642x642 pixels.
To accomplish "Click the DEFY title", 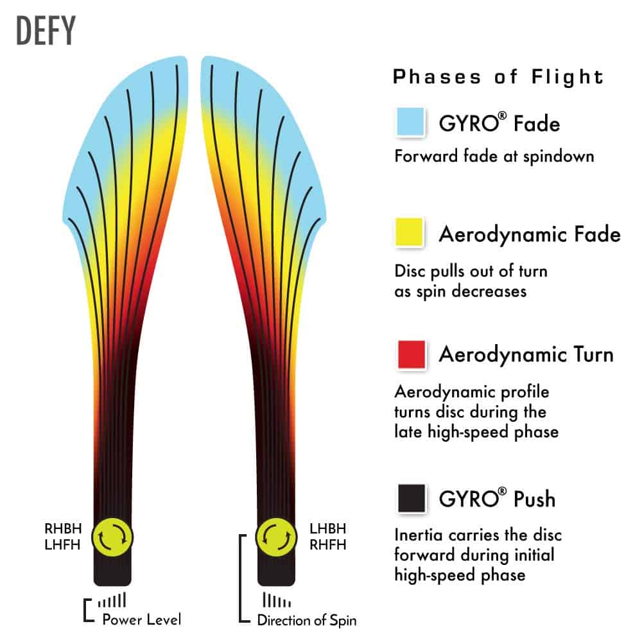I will [46, 30].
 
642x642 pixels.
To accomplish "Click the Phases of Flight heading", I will [498, 77].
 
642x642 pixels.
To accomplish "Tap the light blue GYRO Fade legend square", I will [411, 121].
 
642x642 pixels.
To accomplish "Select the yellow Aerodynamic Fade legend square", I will [411, 232].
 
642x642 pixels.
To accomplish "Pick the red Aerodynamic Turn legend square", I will [411, 354].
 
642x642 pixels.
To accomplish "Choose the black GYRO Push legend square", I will [411, 498].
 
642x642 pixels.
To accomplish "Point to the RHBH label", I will [63, 530].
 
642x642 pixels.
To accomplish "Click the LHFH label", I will [63, 544].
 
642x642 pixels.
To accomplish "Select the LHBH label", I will [327, 530].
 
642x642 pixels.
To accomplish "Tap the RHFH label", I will [327, 544].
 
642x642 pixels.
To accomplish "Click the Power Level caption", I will [142, 620].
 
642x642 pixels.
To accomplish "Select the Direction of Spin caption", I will [306, 620].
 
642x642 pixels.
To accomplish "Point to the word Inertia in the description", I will [418, 534].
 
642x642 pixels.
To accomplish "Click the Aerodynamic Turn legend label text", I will [526, 354].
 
